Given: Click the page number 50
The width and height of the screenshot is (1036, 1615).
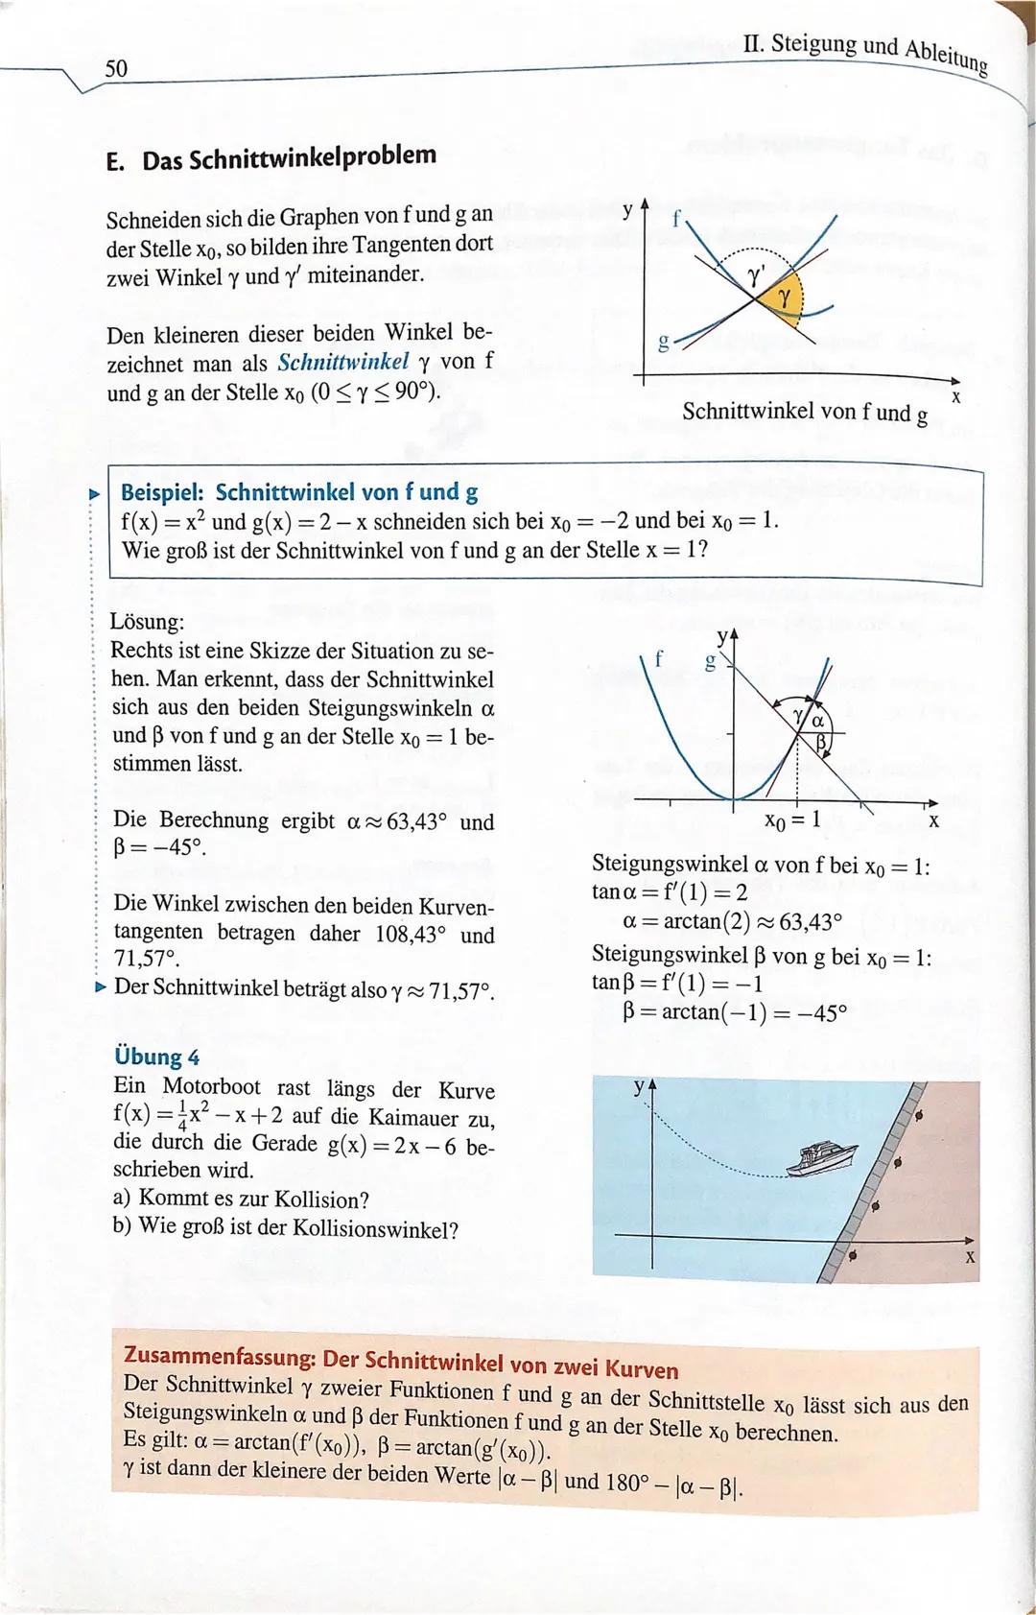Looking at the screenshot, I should [x=116, y=68].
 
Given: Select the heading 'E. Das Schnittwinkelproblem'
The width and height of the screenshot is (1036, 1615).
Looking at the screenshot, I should [x=271, y=157].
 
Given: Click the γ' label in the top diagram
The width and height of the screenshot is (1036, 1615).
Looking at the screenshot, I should [x=757, y=278].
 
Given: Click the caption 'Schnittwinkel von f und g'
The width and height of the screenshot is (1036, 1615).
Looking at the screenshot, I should [x=804, y=413].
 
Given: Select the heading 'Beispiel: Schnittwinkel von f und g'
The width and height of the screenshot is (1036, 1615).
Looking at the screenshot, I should [x=298, y=492].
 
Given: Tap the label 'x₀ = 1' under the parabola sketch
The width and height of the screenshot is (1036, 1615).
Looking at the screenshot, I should [x=791, y=819].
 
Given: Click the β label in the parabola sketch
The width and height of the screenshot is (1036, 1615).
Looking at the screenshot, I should [x=821, y=743].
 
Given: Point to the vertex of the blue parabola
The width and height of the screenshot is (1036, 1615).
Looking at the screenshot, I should [x=735, y=797].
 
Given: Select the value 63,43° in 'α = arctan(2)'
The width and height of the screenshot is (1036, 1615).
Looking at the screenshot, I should [x=810, y=922].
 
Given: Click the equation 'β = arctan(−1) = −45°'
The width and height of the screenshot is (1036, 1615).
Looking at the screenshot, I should [x=734, y=1012].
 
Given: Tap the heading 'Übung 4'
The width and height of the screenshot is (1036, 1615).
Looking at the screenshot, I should [x=156, y=1057].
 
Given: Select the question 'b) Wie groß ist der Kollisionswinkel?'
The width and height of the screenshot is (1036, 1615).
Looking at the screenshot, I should [x=285, y=1229].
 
